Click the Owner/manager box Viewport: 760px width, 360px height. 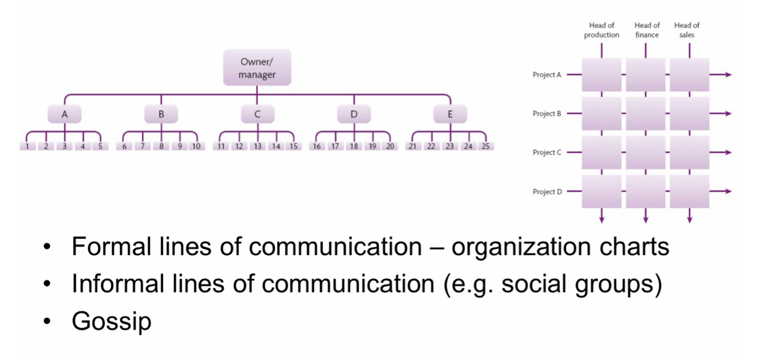coord(257,68)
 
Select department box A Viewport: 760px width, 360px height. coord(64,114)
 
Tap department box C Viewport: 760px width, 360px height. coord(257,114)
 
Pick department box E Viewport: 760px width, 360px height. coord(450,114)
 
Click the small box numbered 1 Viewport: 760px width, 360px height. coord(27,146)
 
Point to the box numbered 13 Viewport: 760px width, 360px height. coord(258,146)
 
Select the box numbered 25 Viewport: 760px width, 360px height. coord(485,146)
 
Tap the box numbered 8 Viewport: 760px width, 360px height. coord(161,146)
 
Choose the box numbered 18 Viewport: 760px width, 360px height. coord(354,146)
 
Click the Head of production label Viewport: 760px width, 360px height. coord(602,30)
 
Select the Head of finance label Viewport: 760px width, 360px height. coord(647,30)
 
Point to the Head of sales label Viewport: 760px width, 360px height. coord(687,30)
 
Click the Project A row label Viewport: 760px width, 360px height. coord(547,75)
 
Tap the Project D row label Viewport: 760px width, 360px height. coord(547,192)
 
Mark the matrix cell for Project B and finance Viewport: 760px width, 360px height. coord(645,114)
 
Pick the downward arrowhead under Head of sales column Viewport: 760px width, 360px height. coord(689,219)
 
